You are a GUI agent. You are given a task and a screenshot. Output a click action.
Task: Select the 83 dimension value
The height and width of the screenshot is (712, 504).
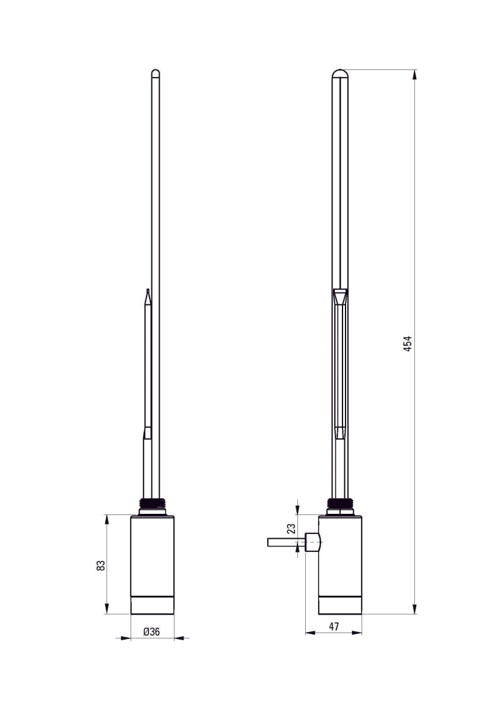102,565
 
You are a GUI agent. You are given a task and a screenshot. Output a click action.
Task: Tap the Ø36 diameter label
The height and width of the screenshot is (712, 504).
152,632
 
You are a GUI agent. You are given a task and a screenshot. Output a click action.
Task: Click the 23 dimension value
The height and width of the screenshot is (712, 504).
291,529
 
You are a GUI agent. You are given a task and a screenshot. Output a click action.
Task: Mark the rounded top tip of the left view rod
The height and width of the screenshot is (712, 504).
156,73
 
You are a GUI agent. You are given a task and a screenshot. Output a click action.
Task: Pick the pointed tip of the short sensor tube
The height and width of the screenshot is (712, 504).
147,293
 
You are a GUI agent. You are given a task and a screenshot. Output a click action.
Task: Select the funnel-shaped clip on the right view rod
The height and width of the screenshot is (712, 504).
340,297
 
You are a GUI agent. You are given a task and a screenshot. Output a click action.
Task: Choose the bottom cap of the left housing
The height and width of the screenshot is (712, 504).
152,605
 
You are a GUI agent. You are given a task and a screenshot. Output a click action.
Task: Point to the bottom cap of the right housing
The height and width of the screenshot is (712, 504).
340,605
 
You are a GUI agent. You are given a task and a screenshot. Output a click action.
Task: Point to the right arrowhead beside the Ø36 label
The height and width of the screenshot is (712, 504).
179,638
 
